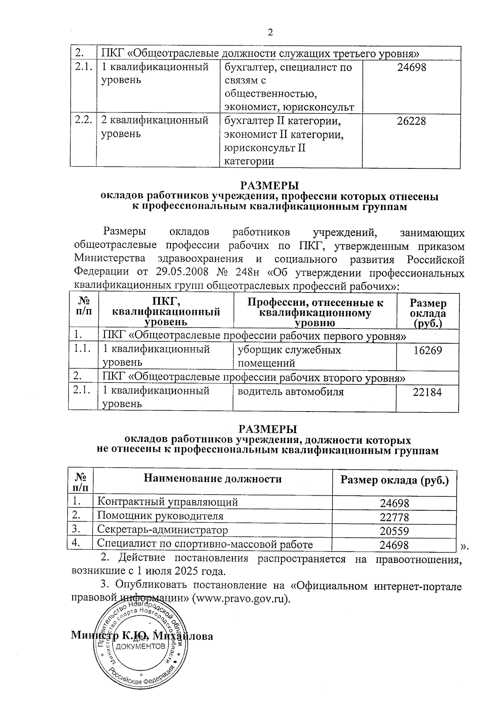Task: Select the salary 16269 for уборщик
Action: coord(427,351)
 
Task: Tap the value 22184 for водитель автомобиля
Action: coord(427,392)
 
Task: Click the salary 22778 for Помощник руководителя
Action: coord(395,517)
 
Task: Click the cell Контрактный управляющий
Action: coord(168,502)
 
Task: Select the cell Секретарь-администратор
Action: coord(163,530)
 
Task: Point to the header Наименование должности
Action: coord(212,479)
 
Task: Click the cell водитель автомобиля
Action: coord(290,392)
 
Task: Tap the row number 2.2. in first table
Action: coord(83,121)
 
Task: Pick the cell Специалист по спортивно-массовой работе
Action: coord(205,544)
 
